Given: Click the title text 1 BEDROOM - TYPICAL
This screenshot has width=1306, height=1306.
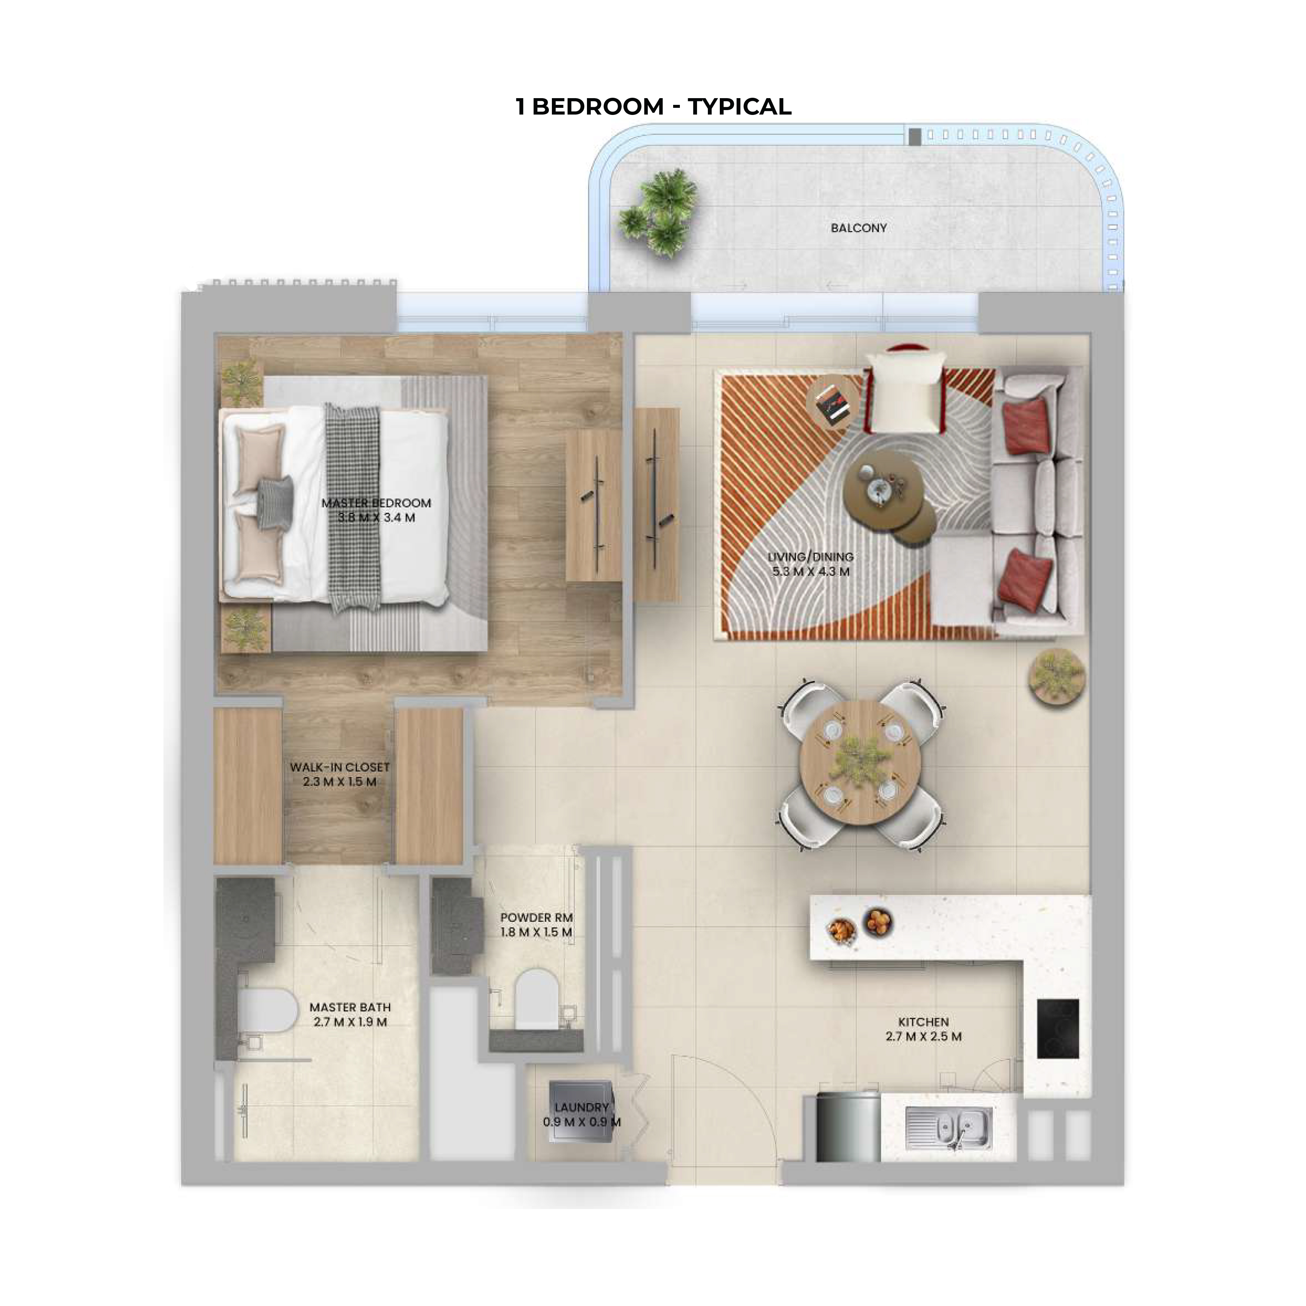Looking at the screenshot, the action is pos(653,107).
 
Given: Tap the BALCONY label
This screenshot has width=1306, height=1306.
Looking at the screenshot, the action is pos(859,228).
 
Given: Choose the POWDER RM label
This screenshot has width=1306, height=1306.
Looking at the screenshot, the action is pos(536,917).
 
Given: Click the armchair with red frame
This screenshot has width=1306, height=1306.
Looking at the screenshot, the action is pos(905,389).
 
